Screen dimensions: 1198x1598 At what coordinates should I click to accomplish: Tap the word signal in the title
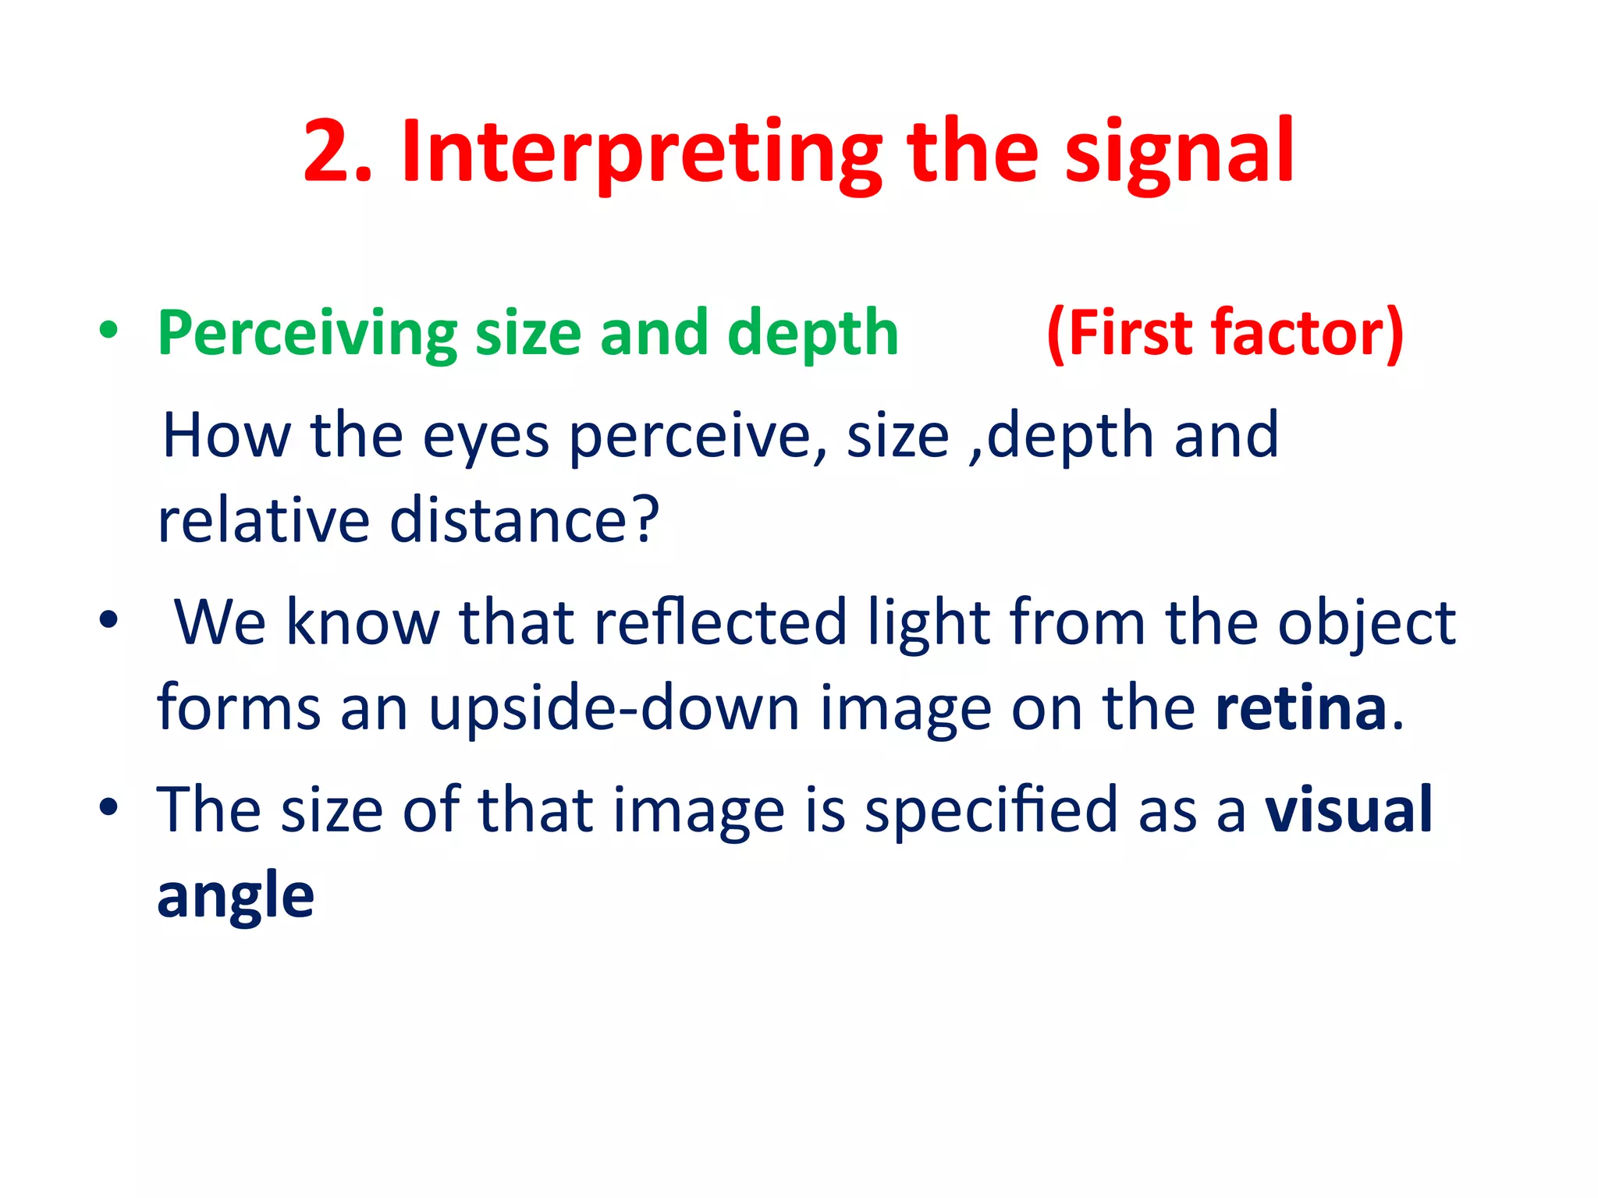(1178, 154)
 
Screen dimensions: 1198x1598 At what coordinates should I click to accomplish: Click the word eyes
(485, 437)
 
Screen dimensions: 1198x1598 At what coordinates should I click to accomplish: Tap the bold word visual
(1348, 810)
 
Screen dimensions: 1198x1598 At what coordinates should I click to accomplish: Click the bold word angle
(236, 897)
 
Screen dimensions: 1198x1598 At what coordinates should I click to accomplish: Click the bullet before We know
(108, 620)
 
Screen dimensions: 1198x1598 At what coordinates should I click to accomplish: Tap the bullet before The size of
(108, 807)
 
